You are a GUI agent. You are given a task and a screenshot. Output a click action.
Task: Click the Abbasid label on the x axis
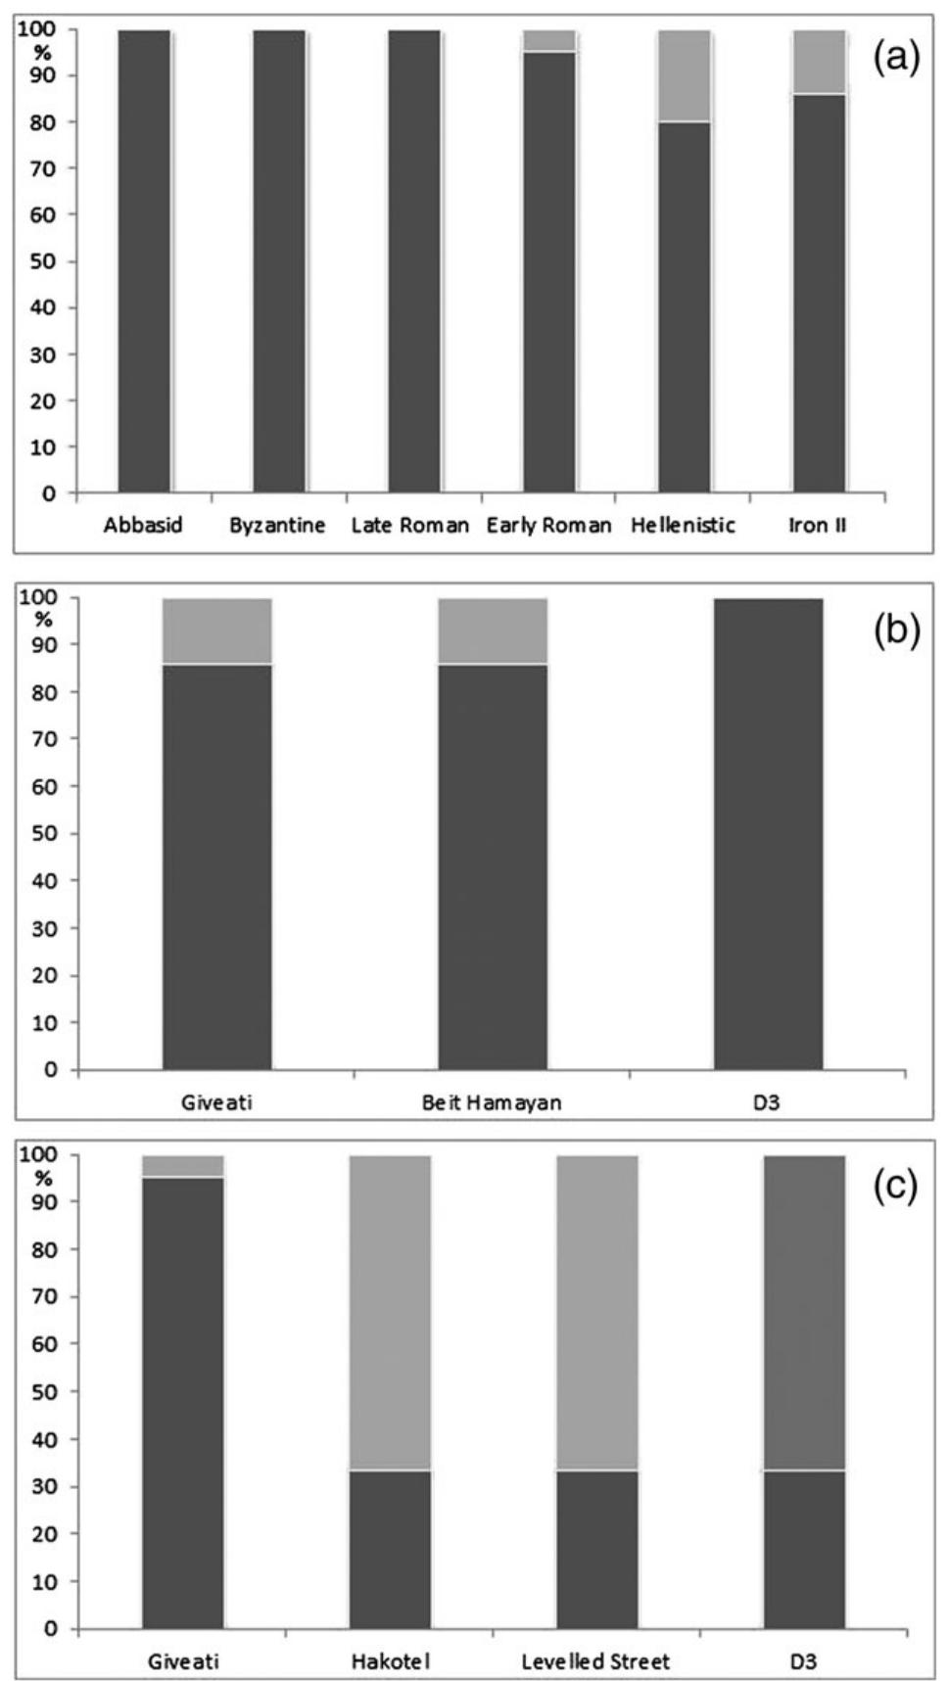(x=143, y=526)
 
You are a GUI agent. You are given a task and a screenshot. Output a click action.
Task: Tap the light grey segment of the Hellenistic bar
(x=684, y=75)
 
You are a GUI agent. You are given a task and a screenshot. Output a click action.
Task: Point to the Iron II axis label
(x=818, y=526)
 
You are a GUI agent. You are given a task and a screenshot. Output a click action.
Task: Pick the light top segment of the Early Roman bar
(x=548, y=40)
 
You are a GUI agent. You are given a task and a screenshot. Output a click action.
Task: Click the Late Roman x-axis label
(x=410, y=526)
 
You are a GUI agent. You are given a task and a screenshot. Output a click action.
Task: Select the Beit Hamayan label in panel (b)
(x=492, y=1102)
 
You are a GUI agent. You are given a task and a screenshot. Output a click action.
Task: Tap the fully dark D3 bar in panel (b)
(x=768, y=833)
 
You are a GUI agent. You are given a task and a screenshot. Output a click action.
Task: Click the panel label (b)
(x=896, y=630)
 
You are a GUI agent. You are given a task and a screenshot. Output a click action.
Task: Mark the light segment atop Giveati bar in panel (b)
(x=216, y=630)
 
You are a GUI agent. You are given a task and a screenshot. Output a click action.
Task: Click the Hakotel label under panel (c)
(x=391, y=1660)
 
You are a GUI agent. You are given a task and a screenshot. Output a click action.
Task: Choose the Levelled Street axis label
(x=595, y=1660)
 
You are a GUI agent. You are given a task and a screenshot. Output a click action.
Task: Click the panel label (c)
(x=896, y=1186)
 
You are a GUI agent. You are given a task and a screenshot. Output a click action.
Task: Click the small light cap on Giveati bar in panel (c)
(x=183, y=1165)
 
